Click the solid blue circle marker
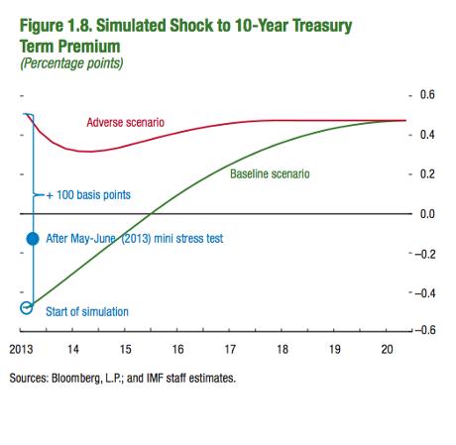pos(33,239)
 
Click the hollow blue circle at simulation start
pos(27,307)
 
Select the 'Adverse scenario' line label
pos(126,123)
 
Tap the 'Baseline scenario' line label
pos(270,174)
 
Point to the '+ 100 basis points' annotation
pos(88,195)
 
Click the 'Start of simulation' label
pos(87,311)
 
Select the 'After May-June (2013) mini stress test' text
pos(135,239)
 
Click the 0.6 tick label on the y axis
pos(427,95)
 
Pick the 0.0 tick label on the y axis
pos(427,214)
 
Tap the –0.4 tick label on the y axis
pos(425,293)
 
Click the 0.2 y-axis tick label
pos(427,174)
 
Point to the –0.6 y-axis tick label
pos(425,330)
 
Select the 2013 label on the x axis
pos(21,349)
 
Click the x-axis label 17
pos(230,349)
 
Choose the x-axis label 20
pos(387,349)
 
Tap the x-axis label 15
pos(125,349)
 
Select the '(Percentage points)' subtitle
pos(71,63)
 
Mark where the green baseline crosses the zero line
pos(151,214)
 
